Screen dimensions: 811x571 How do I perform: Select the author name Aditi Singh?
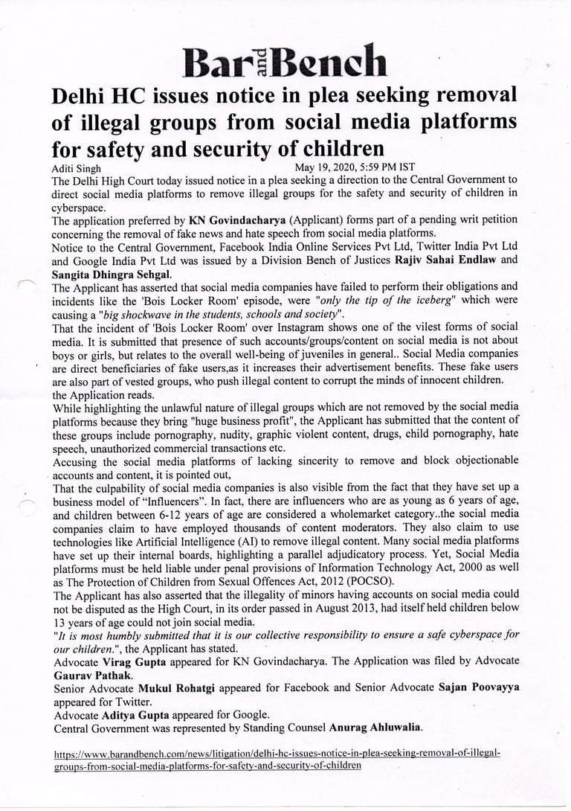(77, 169)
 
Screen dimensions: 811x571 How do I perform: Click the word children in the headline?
(327, 147)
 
